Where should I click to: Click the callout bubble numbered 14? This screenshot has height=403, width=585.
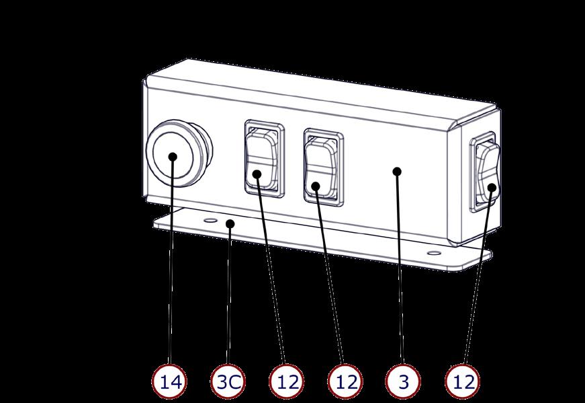(x=171, y=381)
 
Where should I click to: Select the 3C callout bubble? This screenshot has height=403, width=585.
(x=228, y=381)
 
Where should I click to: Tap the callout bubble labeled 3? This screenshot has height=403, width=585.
(x=404, y=381)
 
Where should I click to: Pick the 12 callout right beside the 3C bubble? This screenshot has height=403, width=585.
(x=287, y=381)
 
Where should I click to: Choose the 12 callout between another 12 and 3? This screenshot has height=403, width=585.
(x=346, y=381)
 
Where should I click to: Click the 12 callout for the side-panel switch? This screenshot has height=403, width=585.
(x=463, y=381)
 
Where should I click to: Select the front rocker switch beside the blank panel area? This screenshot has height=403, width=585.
(x=321, y=162)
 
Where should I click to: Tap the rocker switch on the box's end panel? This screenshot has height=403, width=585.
(x=486, y=172)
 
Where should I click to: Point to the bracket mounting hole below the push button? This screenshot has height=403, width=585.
(x=210, y=220)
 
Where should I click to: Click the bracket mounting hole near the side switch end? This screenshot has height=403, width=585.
(x=435, y=253)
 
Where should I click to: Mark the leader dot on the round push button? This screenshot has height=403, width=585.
(x=173, y=156)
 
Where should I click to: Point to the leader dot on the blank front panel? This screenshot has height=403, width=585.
(x=397, y=172)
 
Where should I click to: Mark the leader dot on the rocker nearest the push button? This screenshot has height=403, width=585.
(x=257, y=175)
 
